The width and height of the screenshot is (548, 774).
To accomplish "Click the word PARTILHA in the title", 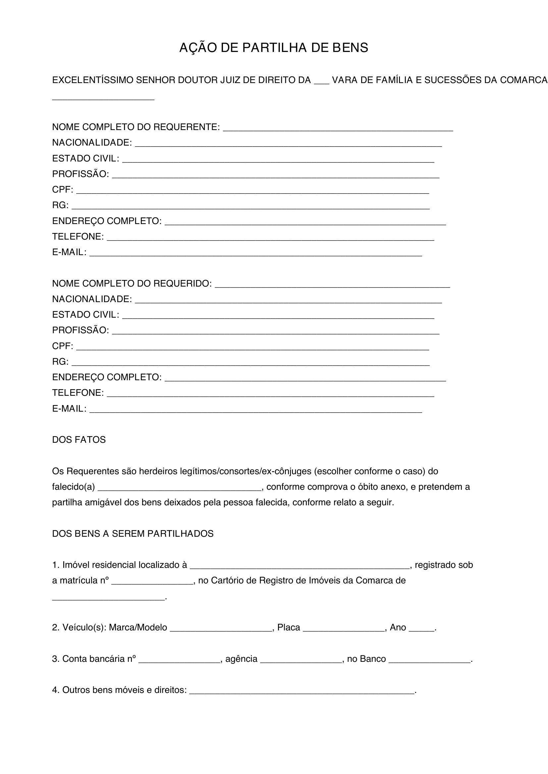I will point(274,48).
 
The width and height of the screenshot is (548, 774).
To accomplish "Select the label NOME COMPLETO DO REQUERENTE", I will point(136,127).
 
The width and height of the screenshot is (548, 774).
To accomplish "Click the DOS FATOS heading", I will point(79,439).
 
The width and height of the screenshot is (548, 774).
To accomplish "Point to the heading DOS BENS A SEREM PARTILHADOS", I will point(133,534).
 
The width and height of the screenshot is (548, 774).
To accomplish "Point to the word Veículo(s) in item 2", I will point(84,627).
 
